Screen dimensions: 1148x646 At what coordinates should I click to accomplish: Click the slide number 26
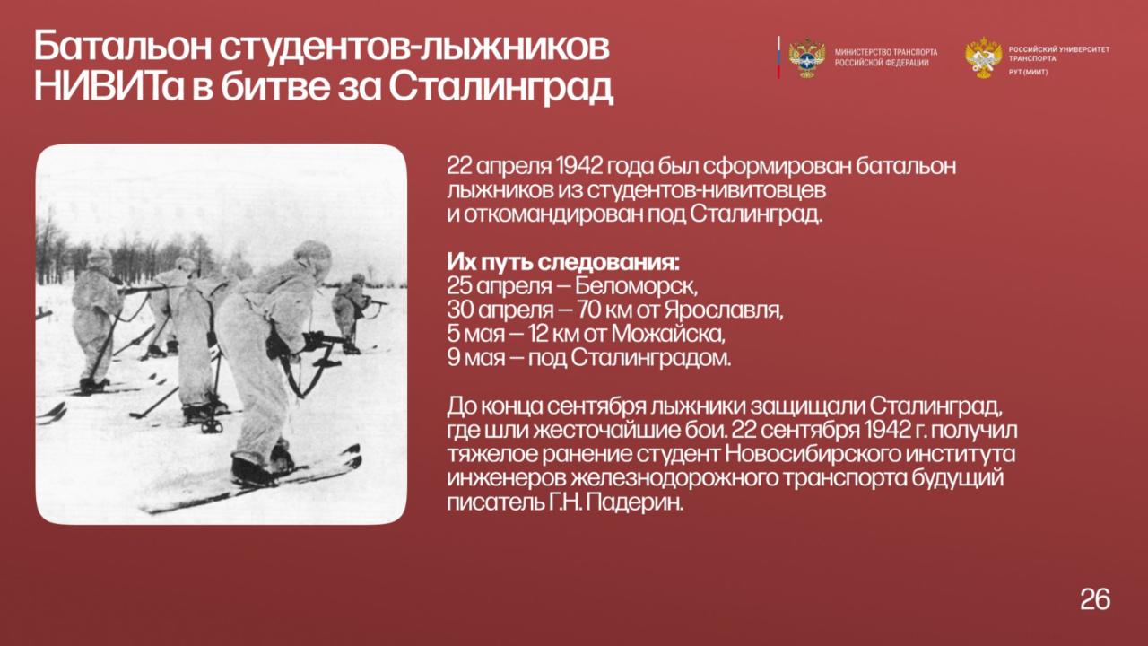(x=1095, y=598)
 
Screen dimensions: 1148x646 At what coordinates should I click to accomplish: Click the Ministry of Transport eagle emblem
(x=806, y=58)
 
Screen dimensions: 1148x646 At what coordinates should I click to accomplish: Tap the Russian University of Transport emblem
(x=984, y=57)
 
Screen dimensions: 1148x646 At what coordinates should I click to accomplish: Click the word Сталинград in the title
(x=500, y=87)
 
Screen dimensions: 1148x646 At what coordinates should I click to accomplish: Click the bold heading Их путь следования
(x=563, y=263)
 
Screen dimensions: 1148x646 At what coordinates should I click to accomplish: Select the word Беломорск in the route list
(x=636, y=286)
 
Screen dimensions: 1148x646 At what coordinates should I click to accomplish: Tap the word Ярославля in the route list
(x=724, y=310)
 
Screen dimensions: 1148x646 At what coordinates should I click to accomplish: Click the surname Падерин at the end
(x=634, y=502)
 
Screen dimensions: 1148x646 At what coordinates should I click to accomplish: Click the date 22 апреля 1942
(x=525, y=167)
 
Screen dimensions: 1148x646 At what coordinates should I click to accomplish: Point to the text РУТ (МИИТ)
(x=1028, y=73)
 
